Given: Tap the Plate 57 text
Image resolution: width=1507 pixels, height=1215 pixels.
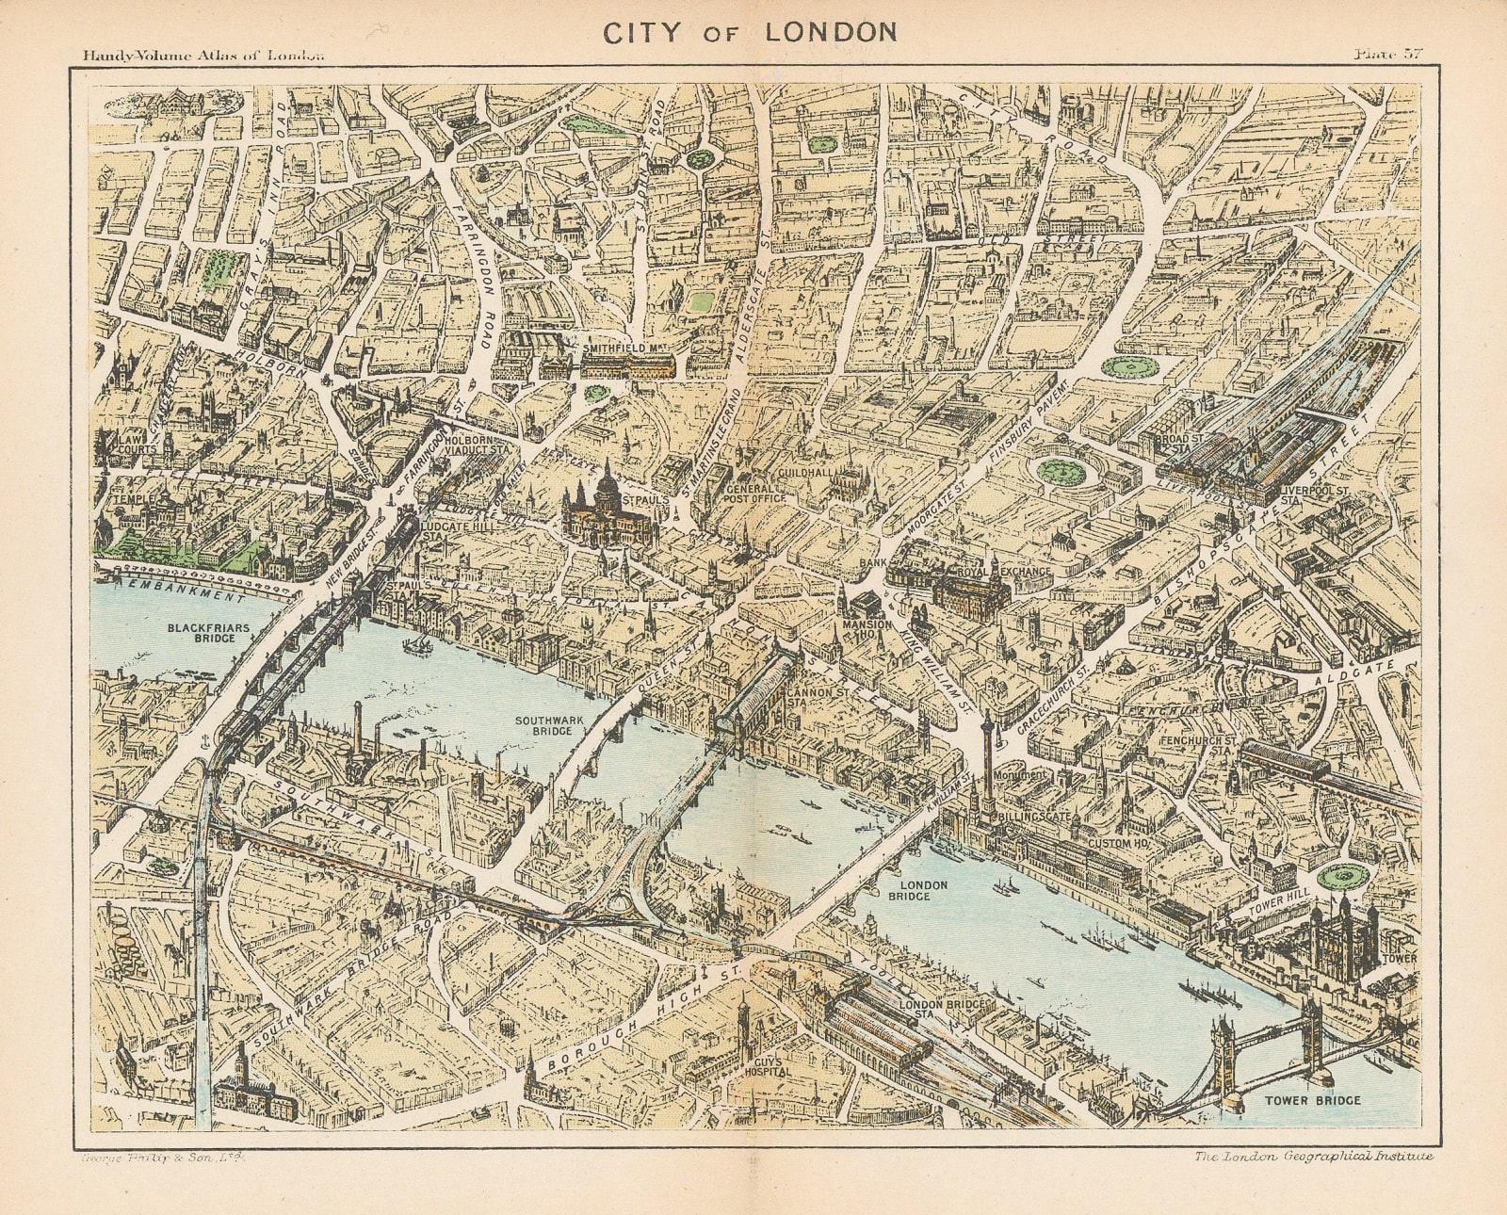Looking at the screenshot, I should [x=1386, y=54].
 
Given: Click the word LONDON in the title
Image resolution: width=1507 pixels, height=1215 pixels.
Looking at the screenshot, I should [x=832, y=31].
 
